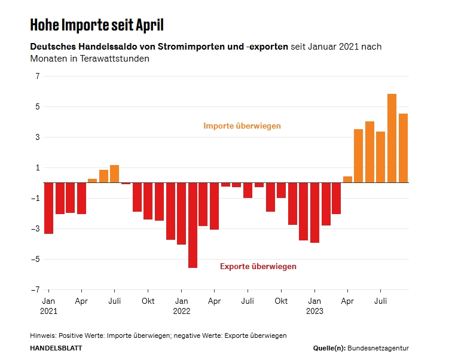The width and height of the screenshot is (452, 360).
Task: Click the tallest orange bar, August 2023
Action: [x=392, y=138]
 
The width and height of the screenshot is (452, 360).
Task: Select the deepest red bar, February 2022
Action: [x=193, y=225]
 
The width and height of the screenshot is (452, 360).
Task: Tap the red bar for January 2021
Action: [x=49, y=208]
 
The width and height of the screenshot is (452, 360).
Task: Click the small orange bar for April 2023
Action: [x=347, y=179]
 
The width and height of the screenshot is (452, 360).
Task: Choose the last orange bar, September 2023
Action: [x=403, y=148]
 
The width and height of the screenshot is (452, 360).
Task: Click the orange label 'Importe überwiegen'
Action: [x=242, y=126]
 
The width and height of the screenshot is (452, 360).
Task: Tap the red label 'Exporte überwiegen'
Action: [x=258, y=267]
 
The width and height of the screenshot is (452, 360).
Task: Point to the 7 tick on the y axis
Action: [x=37, y=77]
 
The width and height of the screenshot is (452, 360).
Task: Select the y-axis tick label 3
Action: [x=37, y=138]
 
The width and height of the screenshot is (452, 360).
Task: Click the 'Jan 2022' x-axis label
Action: [x=182, y=306]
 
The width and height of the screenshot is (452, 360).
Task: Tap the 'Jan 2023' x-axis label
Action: [x=314, y=306]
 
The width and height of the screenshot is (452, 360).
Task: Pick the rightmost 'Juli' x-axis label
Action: [x=380, y=301]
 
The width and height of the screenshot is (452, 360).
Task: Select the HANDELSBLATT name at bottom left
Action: [x=56, y=348]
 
